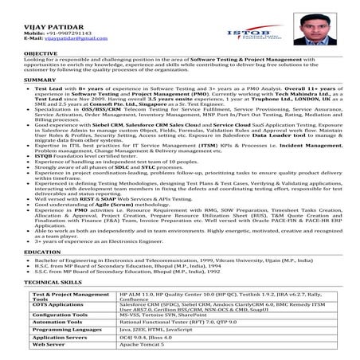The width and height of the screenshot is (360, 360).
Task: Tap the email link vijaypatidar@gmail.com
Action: pos(66,37)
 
